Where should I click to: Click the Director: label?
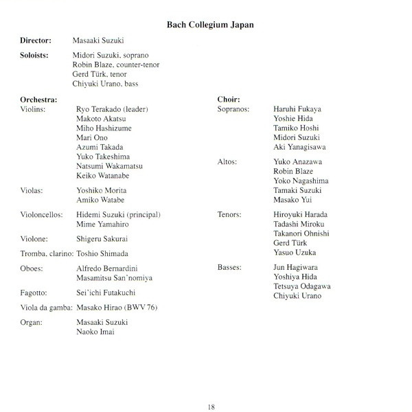[36, 41]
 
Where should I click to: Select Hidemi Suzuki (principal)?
[119, 215]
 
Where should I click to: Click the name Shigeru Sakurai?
[102, 239]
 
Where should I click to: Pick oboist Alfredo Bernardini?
[110, 268]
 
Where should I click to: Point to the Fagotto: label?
[35, 292]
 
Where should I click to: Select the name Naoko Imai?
[95, 332]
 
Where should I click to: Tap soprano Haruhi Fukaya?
[278, 109]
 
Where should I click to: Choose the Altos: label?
[227, 162]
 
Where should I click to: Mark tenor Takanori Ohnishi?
[282, 233]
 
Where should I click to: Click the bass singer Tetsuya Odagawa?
[282, 286]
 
